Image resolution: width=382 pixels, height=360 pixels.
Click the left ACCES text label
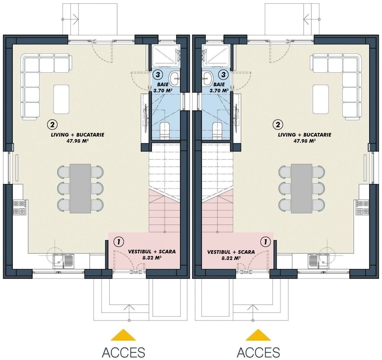click(x=123, y=352)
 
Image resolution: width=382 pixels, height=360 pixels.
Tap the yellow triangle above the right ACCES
click(x=258, y=335)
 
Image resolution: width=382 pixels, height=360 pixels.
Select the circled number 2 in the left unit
click(x=53, y=125)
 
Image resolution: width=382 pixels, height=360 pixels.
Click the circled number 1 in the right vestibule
click(x=265, y=241)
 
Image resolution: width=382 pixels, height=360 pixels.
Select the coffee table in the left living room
click(x=61, y=99)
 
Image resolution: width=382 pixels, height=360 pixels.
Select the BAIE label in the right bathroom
click(x=219, y=85)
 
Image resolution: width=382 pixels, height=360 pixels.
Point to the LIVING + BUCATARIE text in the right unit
click(x=304, y=135)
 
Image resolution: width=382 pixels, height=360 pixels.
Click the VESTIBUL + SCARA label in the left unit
click(x=152, y=252)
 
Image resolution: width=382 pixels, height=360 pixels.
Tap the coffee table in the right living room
click(x=320, y=99)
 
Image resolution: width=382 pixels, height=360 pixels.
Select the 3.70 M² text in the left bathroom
click(x=163, y=90)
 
